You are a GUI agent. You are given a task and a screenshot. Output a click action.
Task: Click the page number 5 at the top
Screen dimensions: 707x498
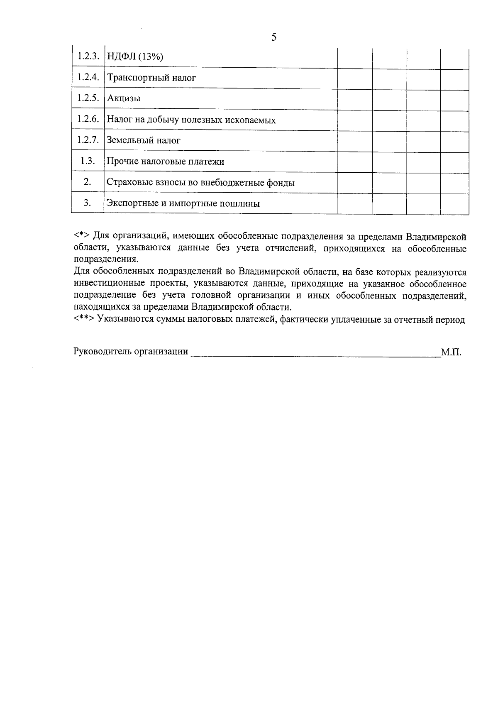(x=274, y=38)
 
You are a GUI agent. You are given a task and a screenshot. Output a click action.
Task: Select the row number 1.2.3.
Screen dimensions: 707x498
(x=88, y=56)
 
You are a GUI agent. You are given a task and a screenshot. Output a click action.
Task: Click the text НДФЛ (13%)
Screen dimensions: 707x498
(x=135, y=57)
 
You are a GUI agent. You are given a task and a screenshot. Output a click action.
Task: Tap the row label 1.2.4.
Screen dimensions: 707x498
(x=88, y=77)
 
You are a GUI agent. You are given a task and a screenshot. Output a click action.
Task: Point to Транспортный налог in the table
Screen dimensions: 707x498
(x=151, y=78)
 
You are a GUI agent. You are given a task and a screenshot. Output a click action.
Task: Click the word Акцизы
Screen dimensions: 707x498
(x=124, y=99)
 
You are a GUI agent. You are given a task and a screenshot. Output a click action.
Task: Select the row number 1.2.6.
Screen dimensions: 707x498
(x=88, y=119)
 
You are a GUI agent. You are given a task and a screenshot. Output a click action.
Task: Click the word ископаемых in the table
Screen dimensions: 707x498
(x=253, y=120)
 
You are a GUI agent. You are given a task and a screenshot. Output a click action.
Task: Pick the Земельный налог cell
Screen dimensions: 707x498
(x=144, y=141)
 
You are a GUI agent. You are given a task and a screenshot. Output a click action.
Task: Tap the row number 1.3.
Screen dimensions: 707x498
(x=88, y=161)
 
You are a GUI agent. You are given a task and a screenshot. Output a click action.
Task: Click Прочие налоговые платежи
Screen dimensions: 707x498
(x=165, y=162)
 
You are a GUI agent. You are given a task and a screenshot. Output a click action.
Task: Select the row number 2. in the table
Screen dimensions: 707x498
(x=88, y=182)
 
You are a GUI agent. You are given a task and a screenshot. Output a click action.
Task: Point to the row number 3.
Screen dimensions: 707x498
(x=88, y=203)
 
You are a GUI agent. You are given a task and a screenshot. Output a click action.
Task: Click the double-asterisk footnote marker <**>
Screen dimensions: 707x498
(x=84, y=320)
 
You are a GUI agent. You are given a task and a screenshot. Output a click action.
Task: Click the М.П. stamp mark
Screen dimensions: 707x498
(x=451, y=352)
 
